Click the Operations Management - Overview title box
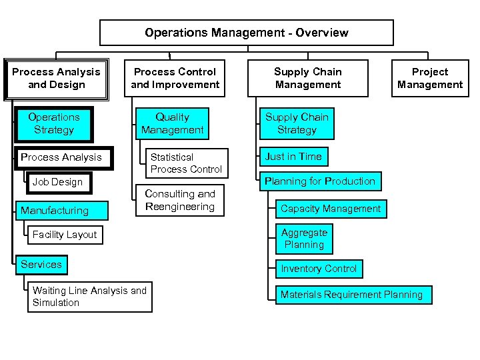[246, 33]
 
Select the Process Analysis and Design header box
[56, 78]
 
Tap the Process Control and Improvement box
[175, 78]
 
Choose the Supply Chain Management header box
[307, 78]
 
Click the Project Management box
[429, 78]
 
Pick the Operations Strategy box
[53, 123]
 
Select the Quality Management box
[172, 123]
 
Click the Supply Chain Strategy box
[297, 123]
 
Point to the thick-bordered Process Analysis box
[61, 157]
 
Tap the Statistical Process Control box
[185, 163]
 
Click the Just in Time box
[293, 157]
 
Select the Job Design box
[57, 182]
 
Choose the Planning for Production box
[320, 181]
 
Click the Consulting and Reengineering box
[179, 200]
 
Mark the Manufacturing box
[55, 211]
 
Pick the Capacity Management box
[331, 209]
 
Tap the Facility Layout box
[65, 235]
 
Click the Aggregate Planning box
[304, 239]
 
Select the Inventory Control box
[319, 269]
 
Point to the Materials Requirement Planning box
[352, 295]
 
